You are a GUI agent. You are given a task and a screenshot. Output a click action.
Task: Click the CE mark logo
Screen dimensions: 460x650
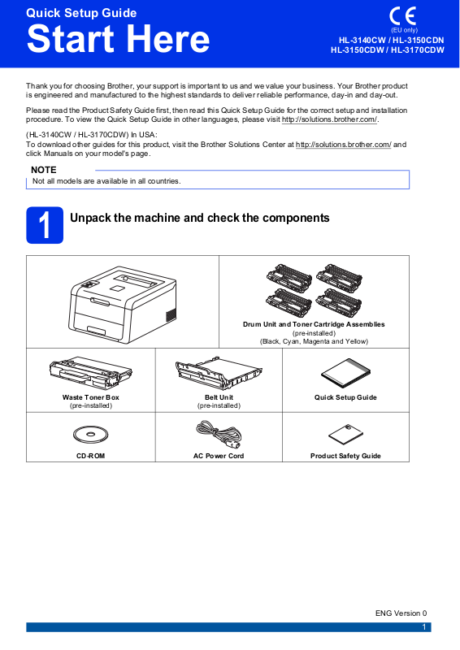(x=402, y=16)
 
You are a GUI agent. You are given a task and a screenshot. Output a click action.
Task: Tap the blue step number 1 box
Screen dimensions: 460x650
(x=45, y=225)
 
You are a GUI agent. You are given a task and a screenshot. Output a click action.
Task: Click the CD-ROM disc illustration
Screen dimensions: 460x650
(x=90, y=435)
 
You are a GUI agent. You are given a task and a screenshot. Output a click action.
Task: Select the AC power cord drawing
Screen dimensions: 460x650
(x=218, y=435)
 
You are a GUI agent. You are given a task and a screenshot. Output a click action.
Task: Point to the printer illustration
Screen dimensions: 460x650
(x=123, y=305)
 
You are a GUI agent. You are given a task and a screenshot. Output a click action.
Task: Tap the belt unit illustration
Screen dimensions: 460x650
(x=219, y=375)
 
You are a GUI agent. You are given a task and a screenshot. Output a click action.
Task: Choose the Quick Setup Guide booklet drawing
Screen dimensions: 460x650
(x=345, y=374)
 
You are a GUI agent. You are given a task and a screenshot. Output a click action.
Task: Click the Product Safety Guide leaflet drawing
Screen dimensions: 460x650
(x=345, y=435)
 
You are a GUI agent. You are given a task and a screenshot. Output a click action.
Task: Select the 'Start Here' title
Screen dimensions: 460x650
(x=118, y=38)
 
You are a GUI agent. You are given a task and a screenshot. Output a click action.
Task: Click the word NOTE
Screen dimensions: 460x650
(x=44, y=170)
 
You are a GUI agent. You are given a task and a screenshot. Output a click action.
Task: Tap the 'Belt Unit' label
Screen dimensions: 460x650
(x=219, y=397)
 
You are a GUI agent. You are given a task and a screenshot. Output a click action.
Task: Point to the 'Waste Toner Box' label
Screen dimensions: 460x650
(x=91, y=397)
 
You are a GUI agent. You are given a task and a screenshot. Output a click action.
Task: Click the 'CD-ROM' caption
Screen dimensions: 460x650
(x=90, y=456)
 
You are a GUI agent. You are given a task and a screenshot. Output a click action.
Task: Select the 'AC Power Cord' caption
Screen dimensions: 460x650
(x=219, y=456)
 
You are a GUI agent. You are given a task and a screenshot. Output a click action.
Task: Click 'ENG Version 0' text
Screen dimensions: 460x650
(x=401, y=613)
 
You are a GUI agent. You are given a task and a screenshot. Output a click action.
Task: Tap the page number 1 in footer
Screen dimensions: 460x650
(x=424, y=627)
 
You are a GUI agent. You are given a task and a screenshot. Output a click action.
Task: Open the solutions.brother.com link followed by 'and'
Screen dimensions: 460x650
(x=344, y=145)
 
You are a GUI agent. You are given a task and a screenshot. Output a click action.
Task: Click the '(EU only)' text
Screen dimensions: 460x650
(x=405, y=30)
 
